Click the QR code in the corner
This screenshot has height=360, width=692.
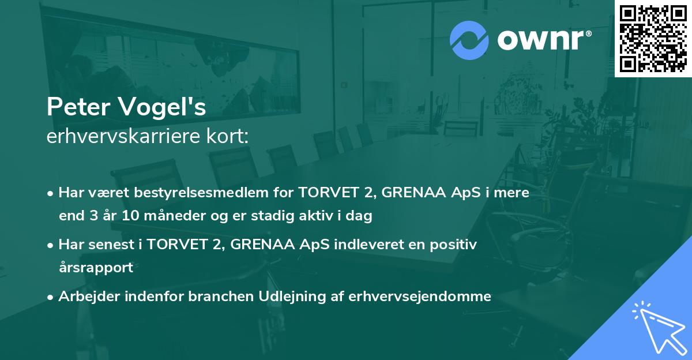pyautogui.click(x=653, y=39)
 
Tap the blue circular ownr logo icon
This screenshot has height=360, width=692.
pyautogui.click(x=469, y=40)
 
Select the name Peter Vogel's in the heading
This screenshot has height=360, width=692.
pyautogui.click(x=126, y=108)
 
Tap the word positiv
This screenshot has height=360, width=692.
pyautogui.click(x=456, y=245)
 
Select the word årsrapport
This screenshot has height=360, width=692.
pyautogui.click(x=96, y=268)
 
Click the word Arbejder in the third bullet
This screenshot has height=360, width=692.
pyautogui.click(x=85, y=297)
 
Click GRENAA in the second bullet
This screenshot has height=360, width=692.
pyautogui.click(x=264, y=245)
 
